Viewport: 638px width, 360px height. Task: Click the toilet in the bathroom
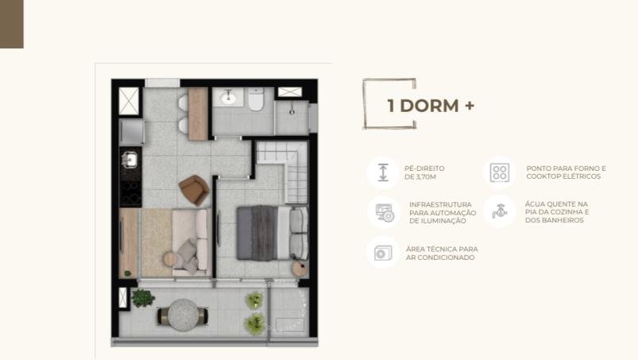tap(256, 99)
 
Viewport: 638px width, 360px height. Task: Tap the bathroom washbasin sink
tap(228, 97)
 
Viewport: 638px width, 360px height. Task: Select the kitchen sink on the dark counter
tap(130, 160)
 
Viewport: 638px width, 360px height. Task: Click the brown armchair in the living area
tap(194, 190)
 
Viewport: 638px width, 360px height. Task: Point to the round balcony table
tap(183, 315)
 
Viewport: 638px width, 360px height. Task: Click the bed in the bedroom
tap(273, 233)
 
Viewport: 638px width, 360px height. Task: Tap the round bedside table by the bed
tap(300, 269)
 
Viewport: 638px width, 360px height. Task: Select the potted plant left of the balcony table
tap(142, 298)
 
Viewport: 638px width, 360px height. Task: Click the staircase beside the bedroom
tap(282, 171)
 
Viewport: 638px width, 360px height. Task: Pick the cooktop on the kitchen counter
tap(130, 193)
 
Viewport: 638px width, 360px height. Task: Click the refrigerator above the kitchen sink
tap(131, 132)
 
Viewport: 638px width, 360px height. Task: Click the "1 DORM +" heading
tap(431, 106)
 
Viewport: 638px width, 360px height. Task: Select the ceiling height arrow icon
tap(383, 172)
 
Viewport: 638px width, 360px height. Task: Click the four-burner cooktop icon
tap(500, 172)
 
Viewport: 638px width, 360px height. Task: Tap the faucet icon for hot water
tap(499, 211)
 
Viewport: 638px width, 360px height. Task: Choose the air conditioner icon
tap(383, 253)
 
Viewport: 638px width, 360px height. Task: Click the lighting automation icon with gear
tap(385, 212)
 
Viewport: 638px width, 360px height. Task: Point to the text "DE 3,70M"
tap(420, 177)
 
